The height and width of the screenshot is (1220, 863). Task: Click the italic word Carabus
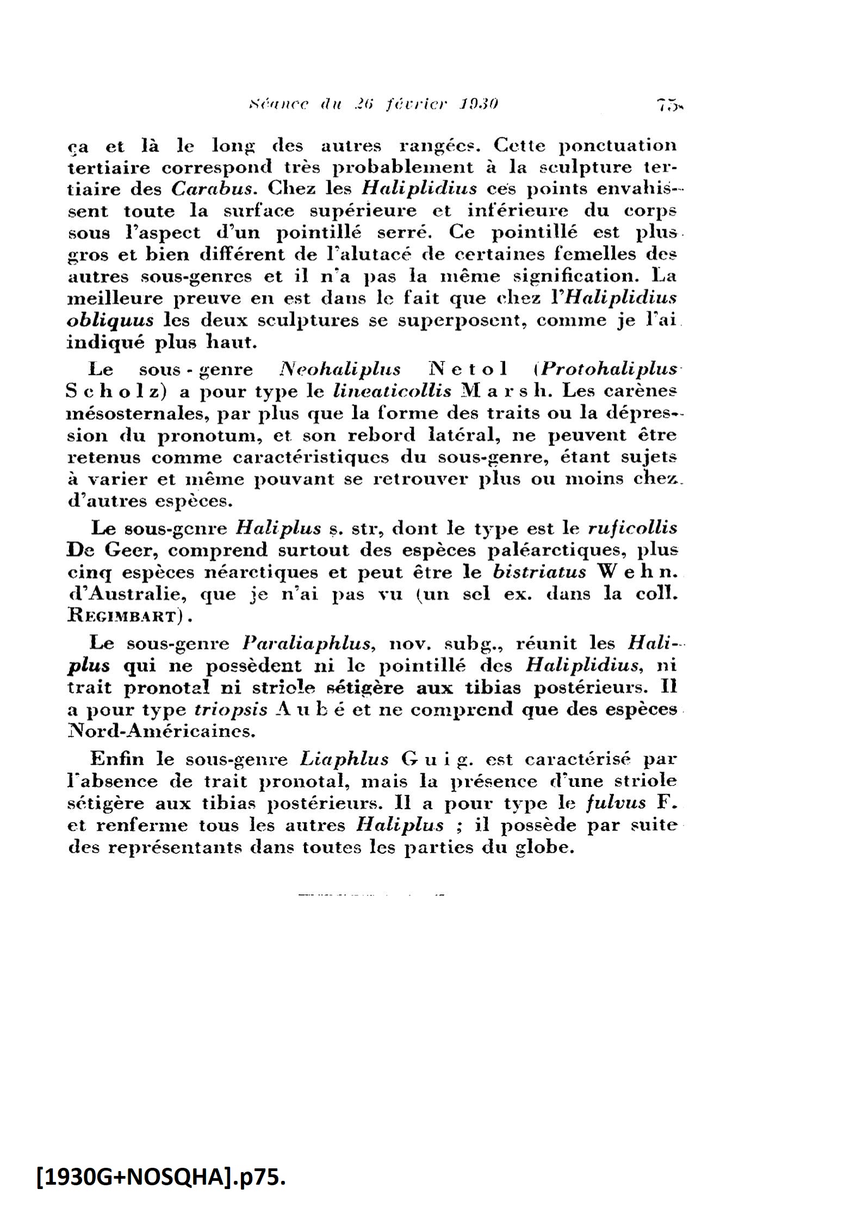pos(212,189)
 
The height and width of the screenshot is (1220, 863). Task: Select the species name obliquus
pos(110,320)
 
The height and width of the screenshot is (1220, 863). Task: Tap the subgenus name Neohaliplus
pos(339,370)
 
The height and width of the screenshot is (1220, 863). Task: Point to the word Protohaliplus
pos(609,370)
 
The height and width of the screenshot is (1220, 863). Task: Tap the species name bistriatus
pos(540,572)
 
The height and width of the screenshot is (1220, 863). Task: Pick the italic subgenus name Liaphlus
pos(344,759)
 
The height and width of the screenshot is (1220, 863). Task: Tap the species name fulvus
pos(616,803)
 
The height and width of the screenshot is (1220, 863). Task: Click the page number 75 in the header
pos(668,104)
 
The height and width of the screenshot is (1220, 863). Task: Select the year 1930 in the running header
pos(477,103)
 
